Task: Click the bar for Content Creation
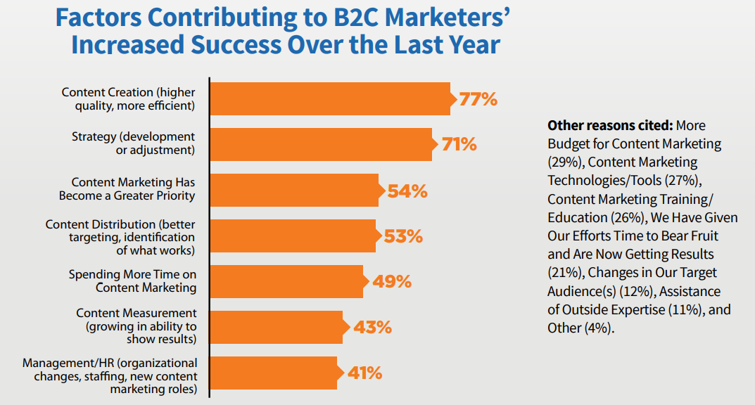[x=330, y=99]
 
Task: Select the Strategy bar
[x=321, y=144]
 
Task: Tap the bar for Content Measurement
[x=277, y=327]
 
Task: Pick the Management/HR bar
[x=274, y=373]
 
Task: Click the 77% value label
[x=478, y=99]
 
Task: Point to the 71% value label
[x=459, y=145]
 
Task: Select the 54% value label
[x=408, y=191]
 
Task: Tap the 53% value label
[x=403, y=236]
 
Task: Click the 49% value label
[x=391, y=281]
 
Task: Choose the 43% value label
[x=372, y=327]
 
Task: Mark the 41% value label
[x=364, y=373]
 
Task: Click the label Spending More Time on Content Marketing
[x=132, y=281]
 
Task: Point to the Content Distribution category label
[x=120, y=237]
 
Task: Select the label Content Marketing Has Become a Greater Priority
[x=127, y=189]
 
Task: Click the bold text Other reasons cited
[x=609, y=125]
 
